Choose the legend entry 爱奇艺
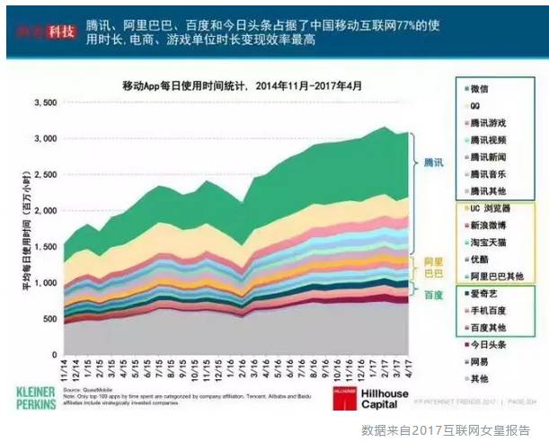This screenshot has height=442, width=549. (485, 294)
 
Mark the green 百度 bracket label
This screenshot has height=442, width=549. (433, 294)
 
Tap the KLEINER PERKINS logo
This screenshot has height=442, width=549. (44, 397)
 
